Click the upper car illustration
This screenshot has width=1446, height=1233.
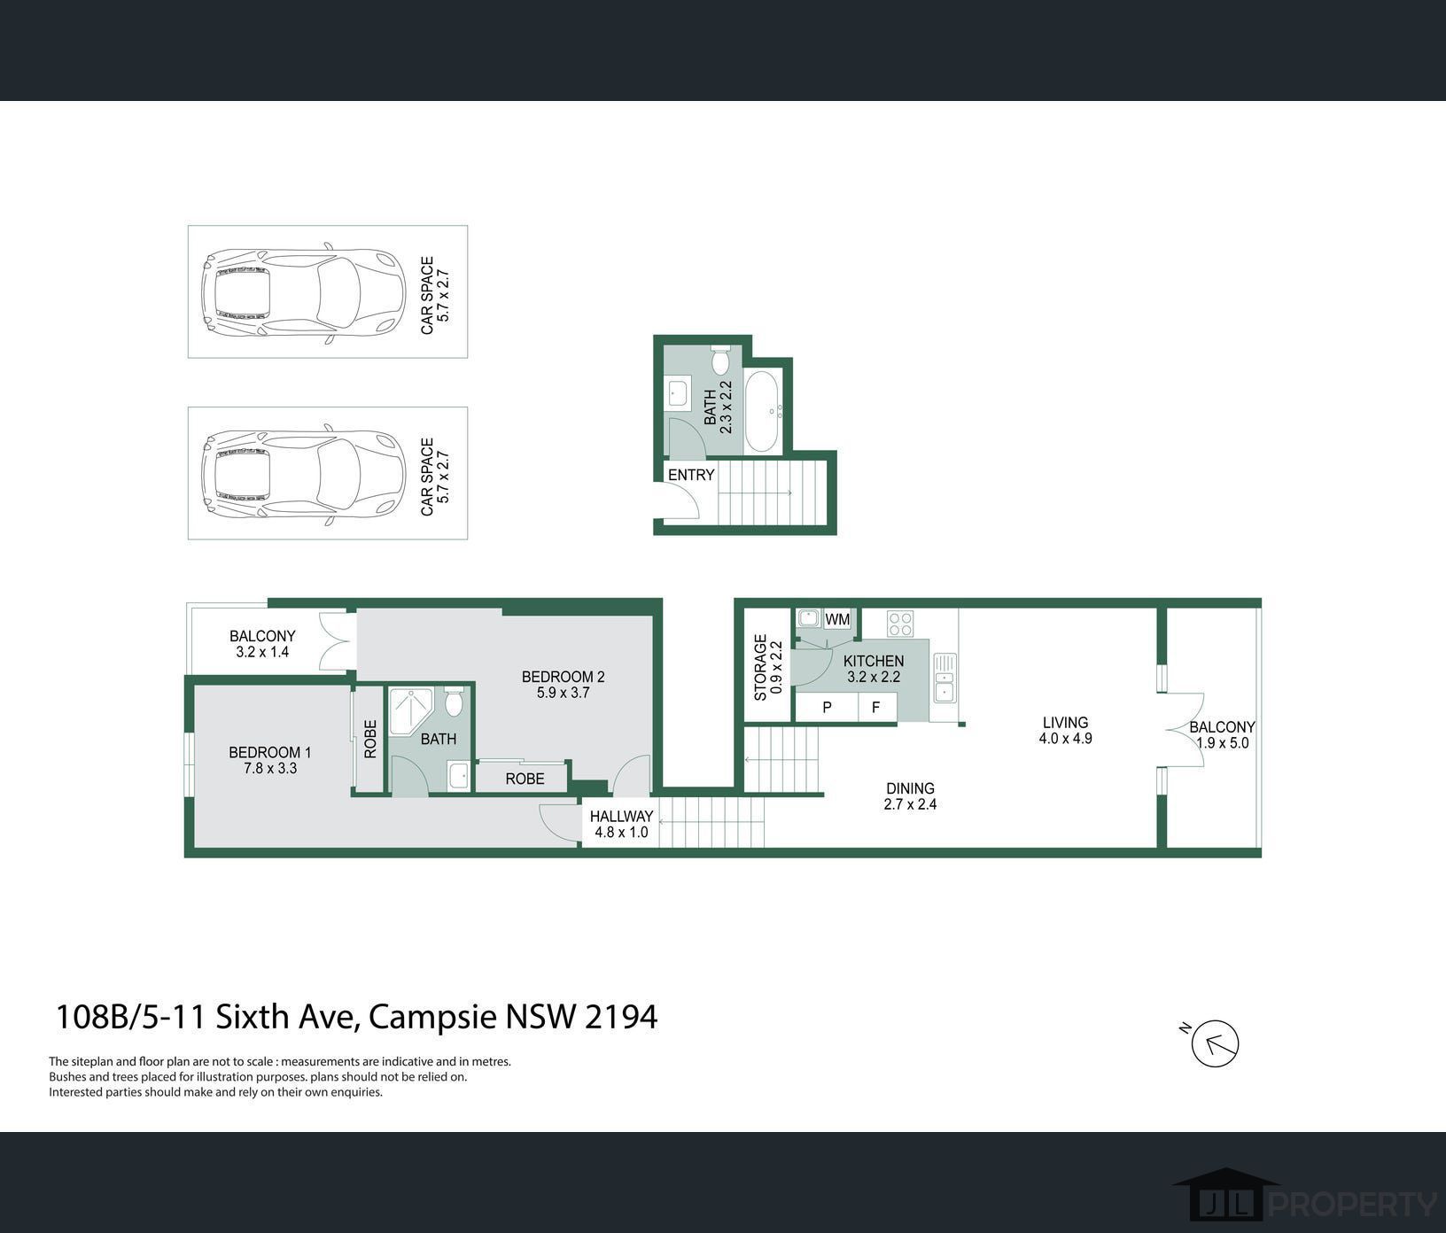(303, 293)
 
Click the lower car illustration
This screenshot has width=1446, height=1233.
(303, 474)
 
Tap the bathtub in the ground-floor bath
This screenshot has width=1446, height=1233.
(763, 412)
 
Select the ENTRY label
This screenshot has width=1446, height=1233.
(691, 475)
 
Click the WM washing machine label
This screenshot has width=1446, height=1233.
(837, 619)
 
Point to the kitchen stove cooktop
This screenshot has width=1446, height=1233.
(900, 624)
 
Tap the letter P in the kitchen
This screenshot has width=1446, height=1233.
(827, 708)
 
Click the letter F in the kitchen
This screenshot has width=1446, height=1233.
(875, 708)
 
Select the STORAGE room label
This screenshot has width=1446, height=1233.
(760, 667)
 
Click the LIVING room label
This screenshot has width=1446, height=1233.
(1065, 723)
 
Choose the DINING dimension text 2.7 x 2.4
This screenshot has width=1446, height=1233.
(910, 804)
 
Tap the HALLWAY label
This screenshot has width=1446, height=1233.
(621, 817)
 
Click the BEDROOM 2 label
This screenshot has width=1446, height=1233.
(563, 678)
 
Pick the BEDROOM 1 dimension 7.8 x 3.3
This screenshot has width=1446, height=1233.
(270, 769)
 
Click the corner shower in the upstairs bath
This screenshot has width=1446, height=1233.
(411, 710)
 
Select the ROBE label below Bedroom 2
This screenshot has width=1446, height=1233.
(525, 779)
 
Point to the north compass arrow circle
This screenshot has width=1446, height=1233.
(1215, 1043)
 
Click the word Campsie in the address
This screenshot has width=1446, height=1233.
(432, 1017)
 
